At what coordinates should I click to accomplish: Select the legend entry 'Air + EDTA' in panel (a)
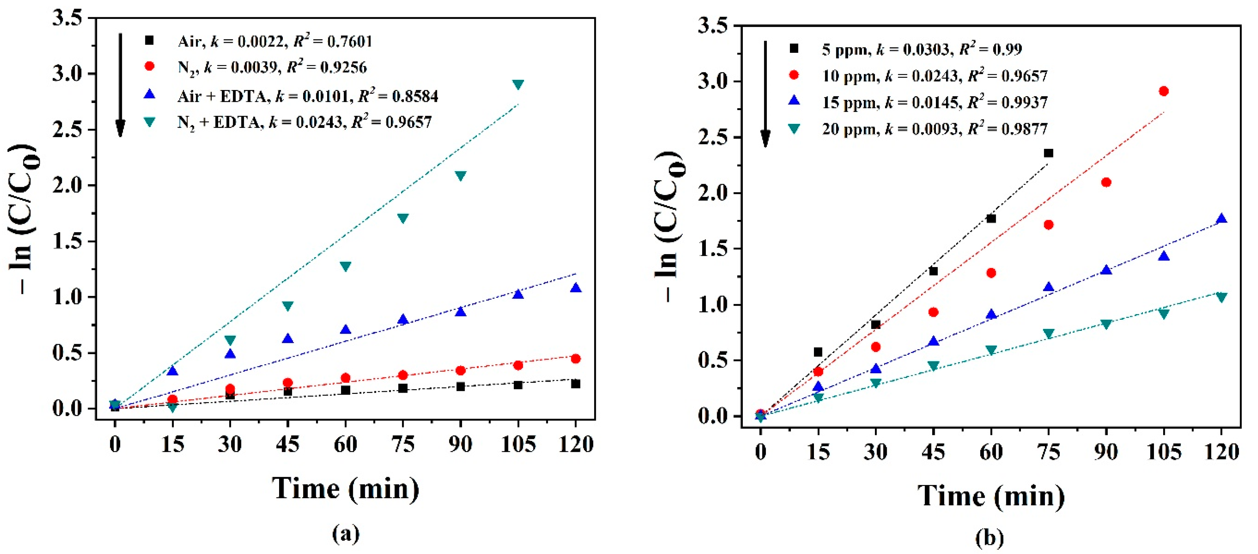click(x=308, y=96)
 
